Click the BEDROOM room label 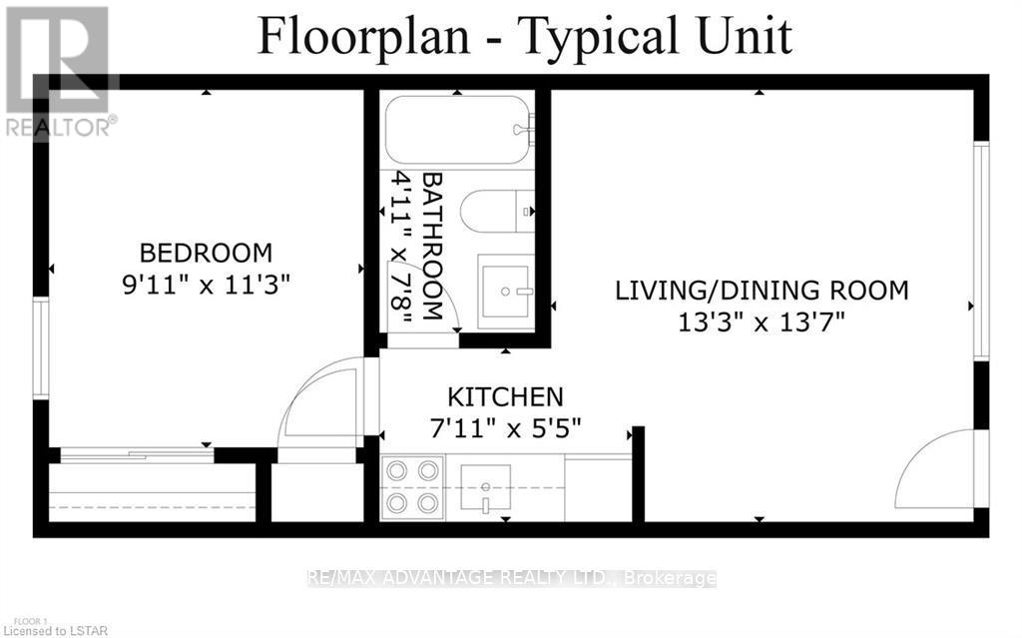tap(205, 253)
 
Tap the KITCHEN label tap(505, 396)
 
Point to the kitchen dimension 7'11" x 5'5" tap(505, 427)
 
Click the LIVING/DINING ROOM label tap(762, 291)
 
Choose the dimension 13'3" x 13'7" tap(762, 321)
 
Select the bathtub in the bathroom tap(459, 130)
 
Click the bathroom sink tap(506, 291)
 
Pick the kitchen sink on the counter tap(485, 487)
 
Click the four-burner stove tap(412, 486)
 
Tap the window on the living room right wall tap(981, 251)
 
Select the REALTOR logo tap(58, 70)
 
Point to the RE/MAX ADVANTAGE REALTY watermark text tap(511, 578)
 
